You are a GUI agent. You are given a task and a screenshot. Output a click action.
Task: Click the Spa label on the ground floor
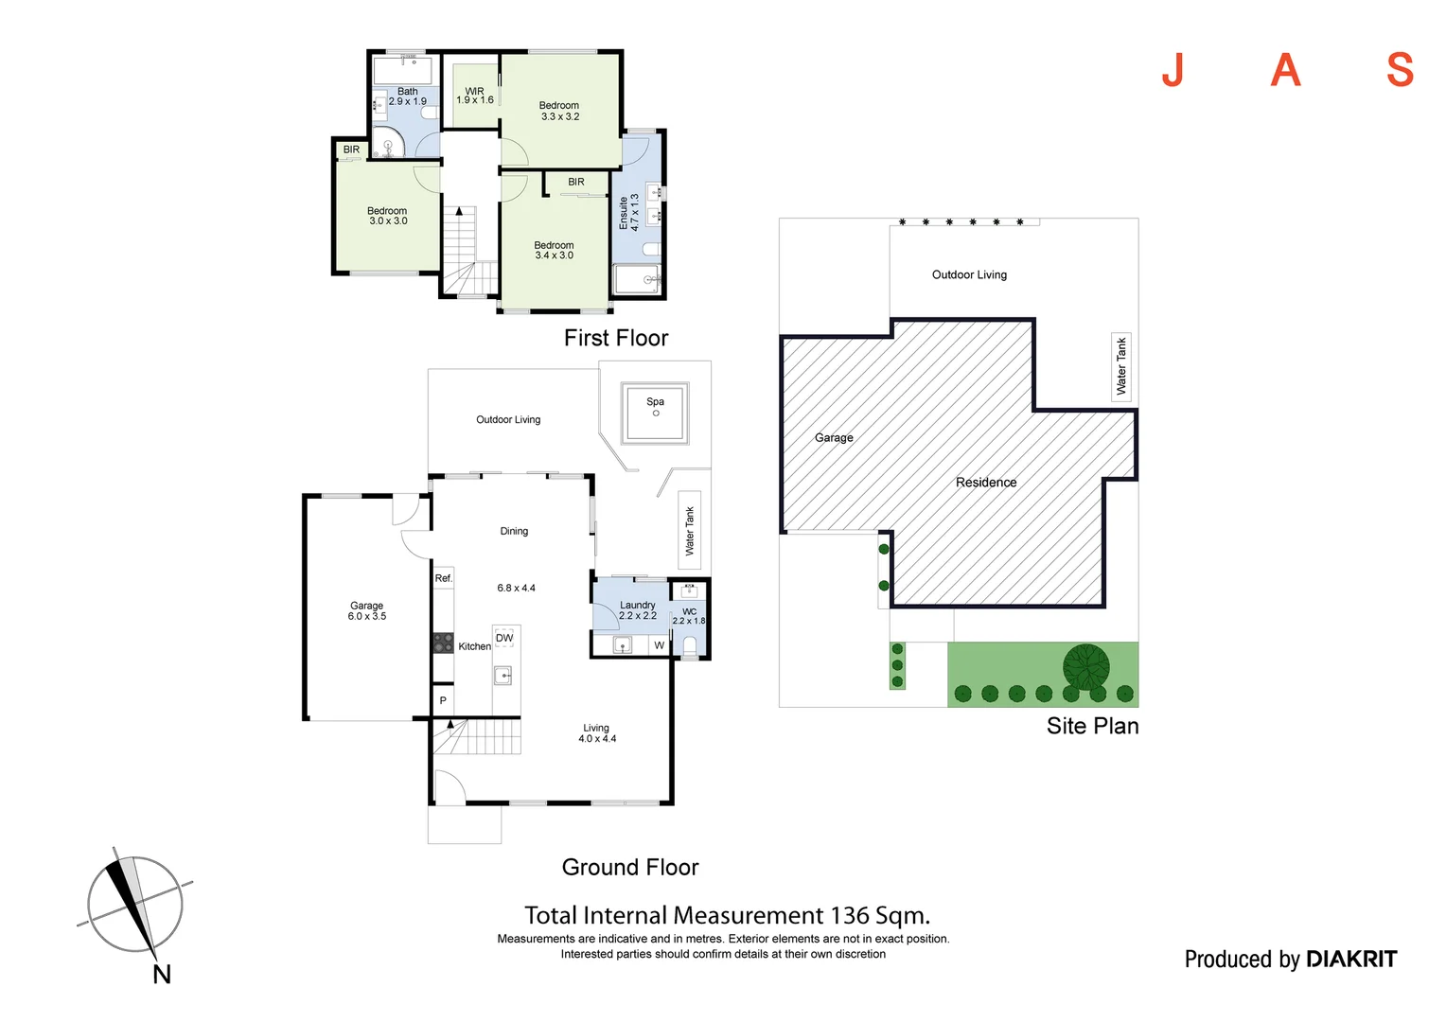click(x=655, y=401)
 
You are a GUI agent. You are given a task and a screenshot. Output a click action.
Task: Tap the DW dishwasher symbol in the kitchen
click(x=504, y=638)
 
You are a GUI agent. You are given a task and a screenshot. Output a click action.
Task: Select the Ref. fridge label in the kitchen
click(x=444, y=578)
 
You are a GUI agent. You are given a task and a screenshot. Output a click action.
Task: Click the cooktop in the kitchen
click(x=443, y=643)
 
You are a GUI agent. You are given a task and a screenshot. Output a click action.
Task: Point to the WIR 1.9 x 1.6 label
click(x=474, y=96)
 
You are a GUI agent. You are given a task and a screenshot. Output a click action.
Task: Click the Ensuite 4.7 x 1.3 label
click(x=628, y=212)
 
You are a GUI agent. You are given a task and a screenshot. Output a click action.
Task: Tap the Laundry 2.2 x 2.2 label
click(x=637, y=610)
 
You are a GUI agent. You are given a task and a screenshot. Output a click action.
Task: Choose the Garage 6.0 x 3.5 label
click(x=366, y=610)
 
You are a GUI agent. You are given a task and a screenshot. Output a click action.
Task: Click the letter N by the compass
click(x=162, y=975)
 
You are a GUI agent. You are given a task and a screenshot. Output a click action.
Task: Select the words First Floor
click(x=616, y=338)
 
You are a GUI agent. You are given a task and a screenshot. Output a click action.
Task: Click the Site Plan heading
click(x=1092, y=726)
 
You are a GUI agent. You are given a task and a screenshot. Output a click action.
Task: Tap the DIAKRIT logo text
click(x=1351, y=959)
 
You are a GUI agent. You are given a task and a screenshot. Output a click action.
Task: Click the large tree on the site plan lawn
click(x=1086, y=667)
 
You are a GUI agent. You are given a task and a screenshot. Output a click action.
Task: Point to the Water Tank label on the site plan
click(x=1121, y=366)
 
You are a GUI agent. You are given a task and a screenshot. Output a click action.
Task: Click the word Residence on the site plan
click(x=986, y=483)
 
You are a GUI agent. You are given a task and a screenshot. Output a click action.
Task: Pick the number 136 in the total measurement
click(x=850, y=915)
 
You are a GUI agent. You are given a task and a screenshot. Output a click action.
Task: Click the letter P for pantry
click(x=443, y=700)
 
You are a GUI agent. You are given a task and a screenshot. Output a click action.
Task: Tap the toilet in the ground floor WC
click(x=690, y=647)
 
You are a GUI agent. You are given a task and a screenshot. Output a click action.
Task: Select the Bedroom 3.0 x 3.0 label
click(x=387, y=216)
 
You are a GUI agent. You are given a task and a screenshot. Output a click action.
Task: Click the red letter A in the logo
click(x=1285, y=70)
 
